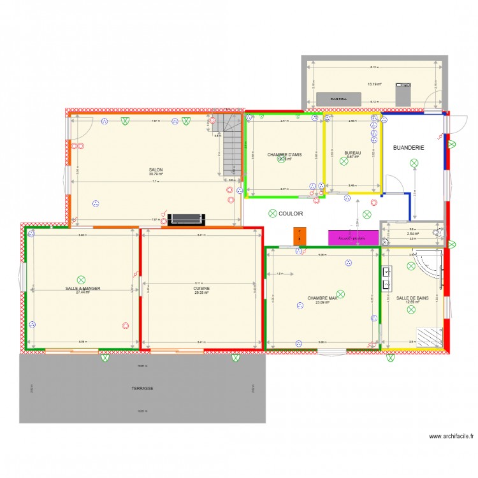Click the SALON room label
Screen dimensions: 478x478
coord(156,170)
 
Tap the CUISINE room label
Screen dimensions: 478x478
coord(201,288)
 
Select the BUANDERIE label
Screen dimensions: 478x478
coord(409,147)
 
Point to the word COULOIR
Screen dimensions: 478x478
coord(291,214)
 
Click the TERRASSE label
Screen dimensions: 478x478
coord(142,387)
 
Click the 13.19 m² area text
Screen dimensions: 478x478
coord(374,84)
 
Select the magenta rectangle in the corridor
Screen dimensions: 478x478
coord(352,237)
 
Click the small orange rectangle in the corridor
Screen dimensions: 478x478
coord(297,235)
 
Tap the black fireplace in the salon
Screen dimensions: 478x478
coord(186,219)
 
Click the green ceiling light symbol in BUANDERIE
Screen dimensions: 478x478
coord(413,164)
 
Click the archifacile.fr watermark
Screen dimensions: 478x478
coord(451,437)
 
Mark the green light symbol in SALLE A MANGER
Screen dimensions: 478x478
coord(81,279)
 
